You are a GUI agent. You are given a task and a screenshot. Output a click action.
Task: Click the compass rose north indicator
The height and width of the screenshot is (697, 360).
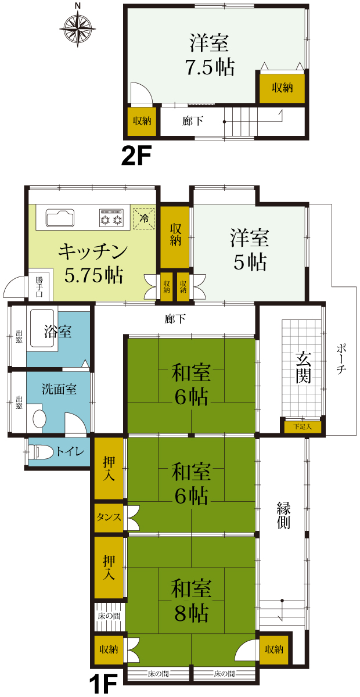click(78, 6)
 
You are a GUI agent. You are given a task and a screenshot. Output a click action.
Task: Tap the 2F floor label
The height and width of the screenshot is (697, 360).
click(136, 156)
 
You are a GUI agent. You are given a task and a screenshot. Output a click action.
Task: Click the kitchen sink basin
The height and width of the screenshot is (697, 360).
click(60, 218)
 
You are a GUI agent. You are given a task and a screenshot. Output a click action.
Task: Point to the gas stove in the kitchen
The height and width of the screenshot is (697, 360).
click(111, 217)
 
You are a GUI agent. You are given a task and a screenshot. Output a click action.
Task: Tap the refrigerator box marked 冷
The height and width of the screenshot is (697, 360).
click(144, 218)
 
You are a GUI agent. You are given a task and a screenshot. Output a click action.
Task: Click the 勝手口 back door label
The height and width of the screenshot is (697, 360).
click(39, 287)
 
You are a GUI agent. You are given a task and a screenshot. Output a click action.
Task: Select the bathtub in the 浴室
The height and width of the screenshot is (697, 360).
click(44, 330)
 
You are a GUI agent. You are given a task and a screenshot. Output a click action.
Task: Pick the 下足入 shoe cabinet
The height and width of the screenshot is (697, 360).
click(303, 426)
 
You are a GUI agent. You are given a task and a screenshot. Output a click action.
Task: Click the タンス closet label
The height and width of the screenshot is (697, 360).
click(109, 517)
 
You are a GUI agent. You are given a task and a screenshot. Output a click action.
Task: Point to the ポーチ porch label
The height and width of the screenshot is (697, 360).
click(341, 359)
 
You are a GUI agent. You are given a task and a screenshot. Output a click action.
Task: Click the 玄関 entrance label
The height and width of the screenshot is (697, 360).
click(303, 368)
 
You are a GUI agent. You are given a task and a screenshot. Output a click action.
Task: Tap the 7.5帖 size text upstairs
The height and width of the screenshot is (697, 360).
click(210, 67)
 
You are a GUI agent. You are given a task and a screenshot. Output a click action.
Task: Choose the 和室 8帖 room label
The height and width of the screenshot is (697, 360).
click(191, 601)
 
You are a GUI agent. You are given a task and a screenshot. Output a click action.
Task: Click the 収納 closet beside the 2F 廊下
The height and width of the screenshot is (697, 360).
click(142, 121)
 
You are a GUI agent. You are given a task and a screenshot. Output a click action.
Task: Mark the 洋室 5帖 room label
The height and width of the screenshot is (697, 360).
click(250, 250)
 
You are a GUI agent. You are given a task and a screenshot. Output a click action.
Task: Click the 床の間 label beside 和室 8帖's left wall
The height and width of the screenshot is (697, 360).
click(109, 616)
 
